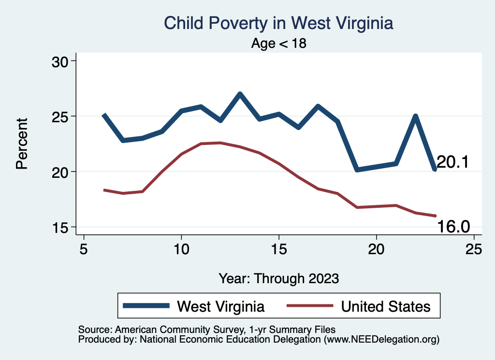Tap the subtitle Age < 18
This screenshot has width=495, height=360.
(x=279, y=43)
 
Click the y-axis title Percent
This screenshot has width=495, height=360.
(x=21, y=144)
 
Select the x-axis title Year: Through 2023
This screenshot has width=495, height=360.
(x=279, y=278)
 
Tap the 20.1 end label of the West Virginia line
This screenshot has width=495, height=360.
(x=453, y=162)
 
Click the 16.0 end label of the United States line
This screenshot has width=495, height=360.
(x=453, y=226)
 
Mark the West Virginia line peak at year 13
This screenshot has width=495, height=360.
(x=240, y=94)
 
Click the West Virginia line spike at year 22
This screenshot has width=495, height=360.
(x=415, y=116)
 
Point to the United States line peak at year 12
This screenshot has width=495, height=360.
(x=220, y=143)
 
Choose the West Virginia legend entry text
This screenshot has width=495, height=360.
(x=221, y=306)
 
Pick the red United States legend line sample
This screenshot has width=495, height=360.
(x=309, y=306)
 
